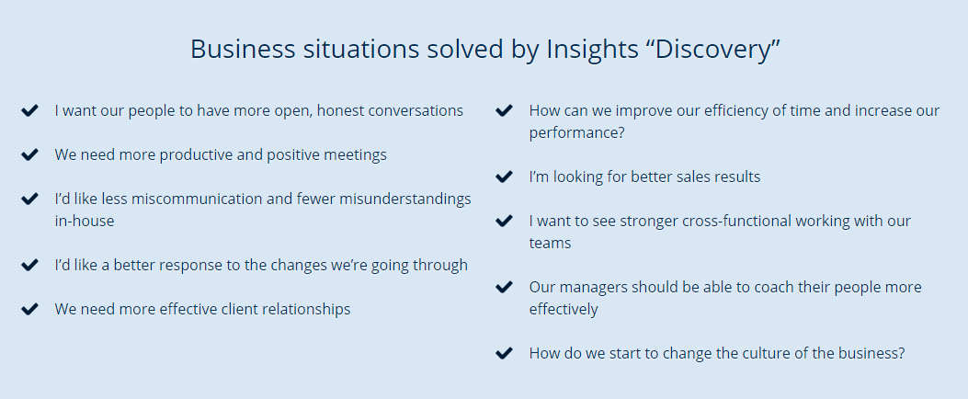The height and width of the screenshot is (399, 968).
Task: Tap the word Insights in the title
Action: (x=592, y=50)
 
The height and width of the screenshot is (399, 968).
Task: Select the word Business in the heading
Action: (x=243, y=50)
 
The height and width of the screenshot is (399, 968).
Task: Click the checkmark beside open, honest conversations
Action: (x=29, y=110)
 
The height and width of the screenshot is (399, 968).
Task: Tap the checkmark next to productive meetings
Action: (x=29, y=154)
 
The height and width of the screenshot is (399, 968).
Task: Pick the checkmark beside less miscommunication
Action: (x=29, y=199)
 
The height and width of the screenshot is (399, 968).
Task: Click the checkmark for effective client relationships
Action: (x=29, y=309)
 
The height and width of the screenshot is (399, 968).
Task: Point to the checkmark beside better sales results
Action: (x=504, y=177)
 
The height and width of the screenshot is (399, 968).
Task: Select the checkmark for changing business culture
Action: (x=504, y=353)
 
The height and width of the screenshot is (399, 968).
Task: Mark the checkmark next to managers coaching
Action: (x=504, y=287)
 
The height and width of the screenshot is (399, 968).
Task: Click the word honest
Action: (x=341, y=111)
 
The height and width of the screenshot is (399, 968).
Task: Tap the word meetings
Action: (x=358, y=155)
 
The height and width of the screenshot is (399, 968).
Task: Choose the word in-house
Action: (x=84, y=222)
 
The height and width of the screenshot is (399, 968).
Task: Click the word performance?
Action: (x=576, y=133)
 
